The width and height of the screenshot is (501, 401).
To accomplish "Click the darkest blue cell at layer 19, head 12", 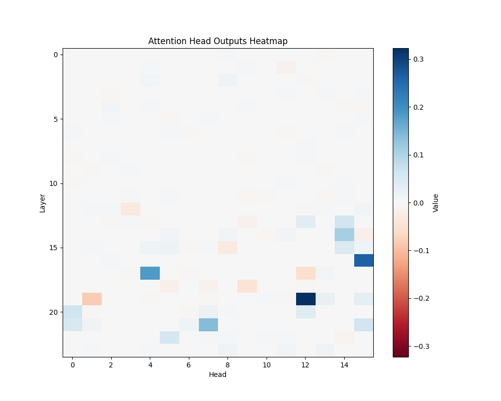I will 306,299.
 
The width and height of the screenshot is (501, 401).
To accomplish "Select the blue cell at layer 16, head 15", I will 364,260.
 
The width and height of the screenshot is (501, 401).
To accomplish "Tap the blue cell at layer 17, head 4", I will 150,273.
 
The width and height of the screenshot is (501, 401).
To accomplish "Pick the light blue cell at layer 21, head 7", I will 208,325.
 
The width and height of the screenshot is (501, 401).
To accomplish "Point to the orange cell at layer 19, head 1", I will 92,299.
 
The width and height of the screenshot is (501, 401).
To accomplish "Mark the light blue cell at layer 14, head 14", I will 344,235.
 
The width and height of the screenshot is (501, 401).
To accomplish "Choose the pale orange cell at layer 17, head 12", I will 306,273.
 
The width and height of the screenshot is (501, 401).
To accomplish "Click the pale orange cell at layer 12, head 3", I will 131,209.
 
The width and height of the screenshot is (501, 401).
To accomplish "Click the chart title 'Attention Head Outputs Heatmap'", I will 218,41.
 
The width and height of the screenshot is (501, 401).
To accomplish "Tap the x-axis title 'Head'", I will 218,374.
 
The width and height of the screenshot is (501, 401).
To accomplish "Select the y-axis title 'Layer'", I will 43,203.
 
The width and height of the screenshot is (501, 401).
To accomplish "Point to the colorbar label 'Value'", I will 436,203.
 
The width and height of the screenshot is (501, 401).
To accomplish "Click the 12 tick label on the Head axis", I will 306,365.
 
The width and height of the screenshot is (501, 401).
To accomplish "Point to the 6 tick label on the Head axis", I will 189,365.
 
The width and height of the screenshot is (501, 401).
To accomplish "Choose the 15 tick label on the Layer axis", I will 53,248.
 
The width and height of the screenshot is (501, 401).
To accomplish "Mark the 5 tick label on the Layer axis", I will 55,119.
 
